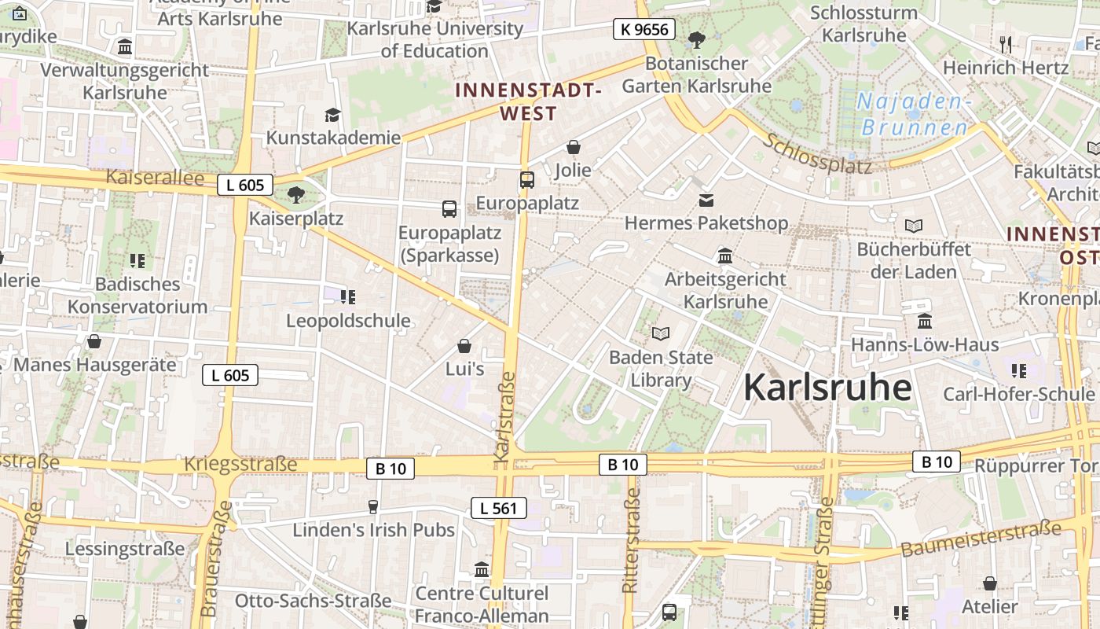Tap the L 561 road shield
[x=499, y=508]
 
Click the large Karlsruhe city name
[x=827, y=388]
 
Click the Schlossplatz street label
[x=817, y=153]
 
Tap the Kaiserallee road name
[x=155, y=178]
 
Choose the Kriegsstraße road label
[x=240, y=464]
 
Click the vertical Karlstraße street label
[x=504, y=416]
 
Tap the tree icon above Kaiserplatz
[x=296, y=194]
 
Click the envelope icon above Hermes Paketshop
[x=706, y=200]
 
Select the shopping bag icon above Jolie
[x=574, y=147]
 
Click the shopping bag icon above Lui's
[x=464, y=346]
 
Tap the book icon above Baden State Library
[x=661, y=334]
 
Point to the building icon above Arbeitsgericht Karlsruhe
[x=724, y=256]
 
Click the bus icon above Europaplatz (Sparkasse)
[x=449, y=209]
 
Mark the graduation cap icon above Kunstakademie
[x=333, y=116]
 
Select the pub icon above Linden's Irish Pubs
[x=373, y=507]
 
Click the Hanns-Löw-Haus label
[x=925, y=344]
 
